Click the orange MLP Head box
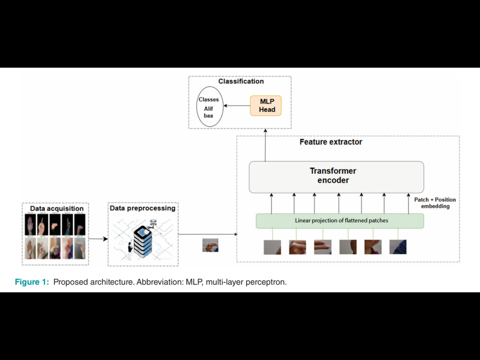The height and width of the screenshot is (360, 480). pos(266,106)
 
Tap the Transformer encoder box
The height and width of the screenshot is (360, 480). pos(336,177)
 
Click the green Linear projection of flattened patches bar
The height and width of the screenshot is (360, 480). pos(340,221)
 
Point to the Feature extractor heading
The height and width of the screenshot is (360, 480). pos(331,142)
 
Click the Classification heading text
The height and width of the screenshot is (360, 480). pos(241,82)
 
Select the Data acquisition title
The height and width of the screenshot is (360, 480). pos(57,208)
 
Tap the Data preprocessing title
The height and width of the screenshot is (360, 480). pos(143,208)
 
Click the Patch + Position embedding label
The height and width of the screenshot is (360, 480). pos(435,203)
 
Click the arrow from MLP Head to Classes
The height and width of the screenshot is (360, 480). pos(237,106)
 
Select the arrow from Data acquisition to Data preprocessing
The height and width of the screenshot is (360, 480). pos(98,239)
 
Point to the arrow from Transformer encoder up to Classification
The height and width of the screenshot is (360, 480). pos(265,145)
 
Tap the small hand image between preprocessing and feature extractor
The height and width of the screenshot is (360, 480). pos(210,245)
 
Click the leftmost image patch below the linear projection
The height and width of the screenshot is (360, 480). pos(272,247)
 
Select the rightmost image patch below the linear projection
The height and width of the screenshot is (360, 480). pos(398,247)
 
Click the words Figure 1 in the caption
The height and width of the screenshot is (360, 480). pos(32,282)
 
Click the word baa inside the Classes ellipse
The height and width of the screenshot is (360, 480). pos(208,116)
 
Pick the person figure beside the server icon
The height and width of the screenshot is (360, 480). pos(130,251)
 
